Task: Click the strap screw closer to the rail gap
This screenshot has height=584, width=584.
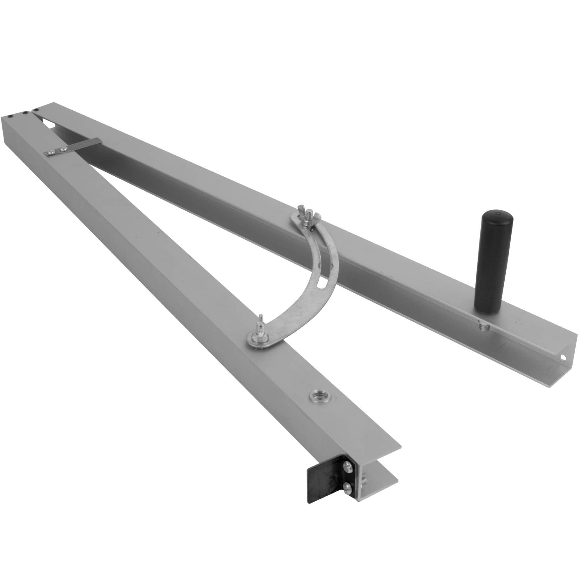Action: pos(63,148)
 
